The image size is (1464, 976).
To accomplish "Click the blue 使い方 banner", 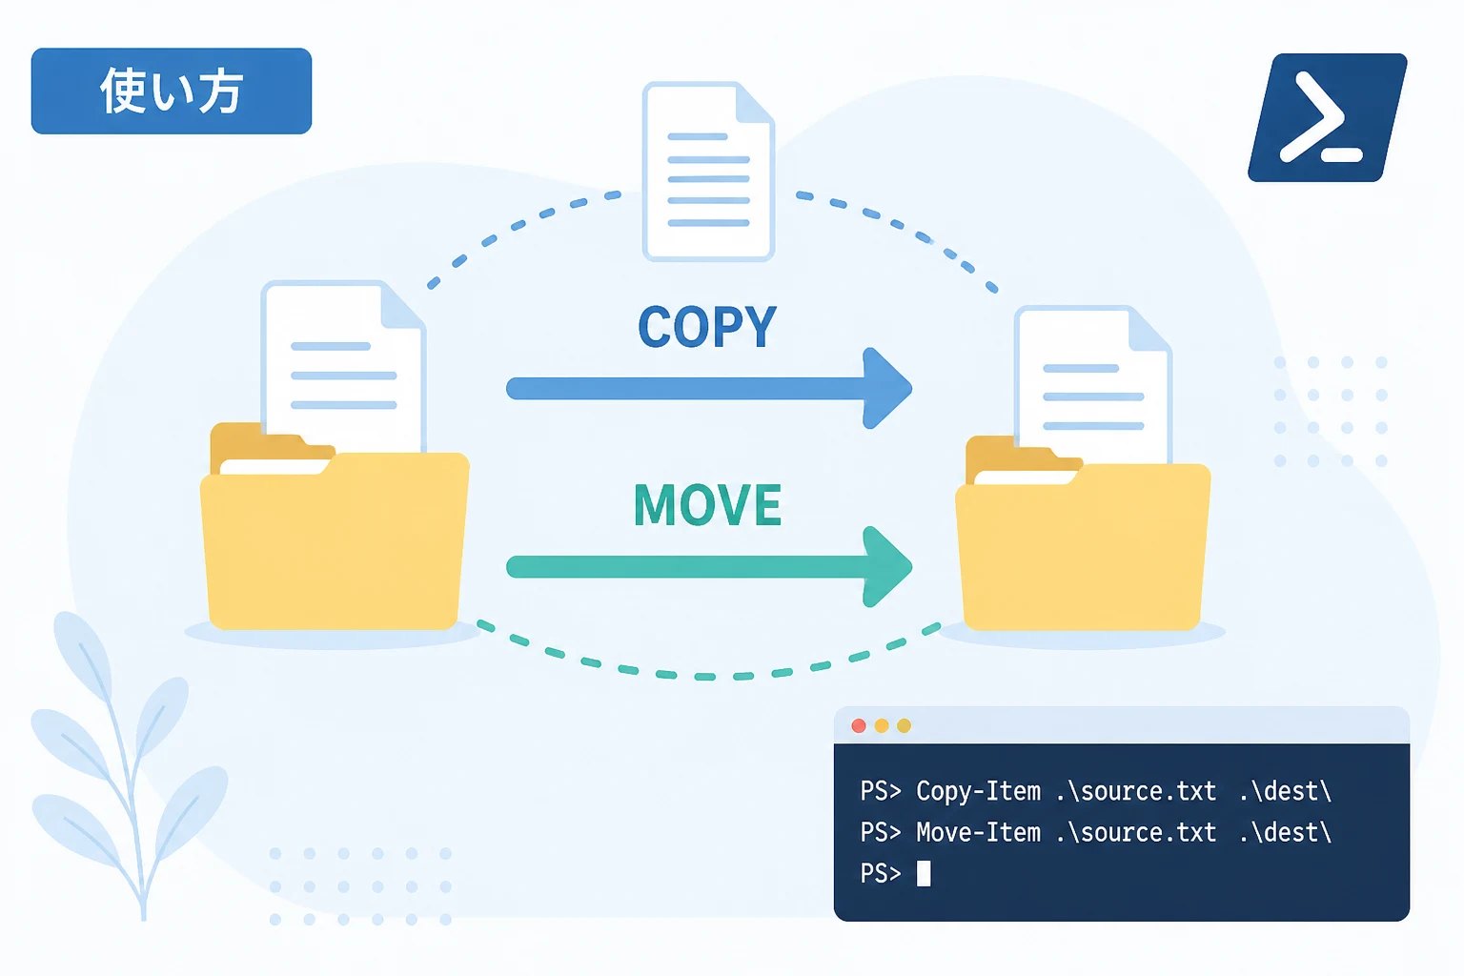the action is (x=172, y=91).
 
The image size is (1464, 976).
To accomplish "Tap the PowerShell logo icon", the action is (x=1328, y=117).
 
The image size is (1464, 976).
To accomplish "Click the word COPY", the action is (x=707, y=327).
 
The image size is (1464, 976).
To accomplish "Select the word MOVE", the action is (x=707, y=504).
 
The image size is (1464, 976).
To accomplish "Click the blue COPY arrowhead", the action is (x=885, y=388).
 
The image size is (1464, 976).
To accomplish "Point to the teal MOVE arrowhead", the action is (x=885, y=567).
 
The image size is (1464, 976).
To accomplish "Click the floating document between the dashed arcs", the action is (x=708, y=172).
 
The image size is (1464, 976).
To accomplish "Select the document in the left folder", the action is (x=344, y=366).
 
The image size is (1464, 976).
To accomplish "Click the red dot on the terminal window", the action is (x=859, y=725).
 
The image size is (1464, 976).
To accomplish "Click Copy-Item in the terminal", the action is (x=978, y=792).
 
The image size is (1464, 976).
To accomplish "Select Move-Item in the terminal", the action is (x=978, y=833).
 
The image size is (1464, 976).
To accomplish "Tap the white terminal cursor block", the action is (x=924, y=873).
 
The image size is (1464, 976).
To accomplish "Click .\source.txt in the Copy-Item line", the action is (x=1136, y=792).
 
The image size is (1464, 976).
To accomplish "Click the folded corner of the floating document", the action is (x=756, y=103).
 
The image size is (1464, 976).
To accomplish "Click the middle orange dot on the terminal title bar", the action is (x=882, y=725).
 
